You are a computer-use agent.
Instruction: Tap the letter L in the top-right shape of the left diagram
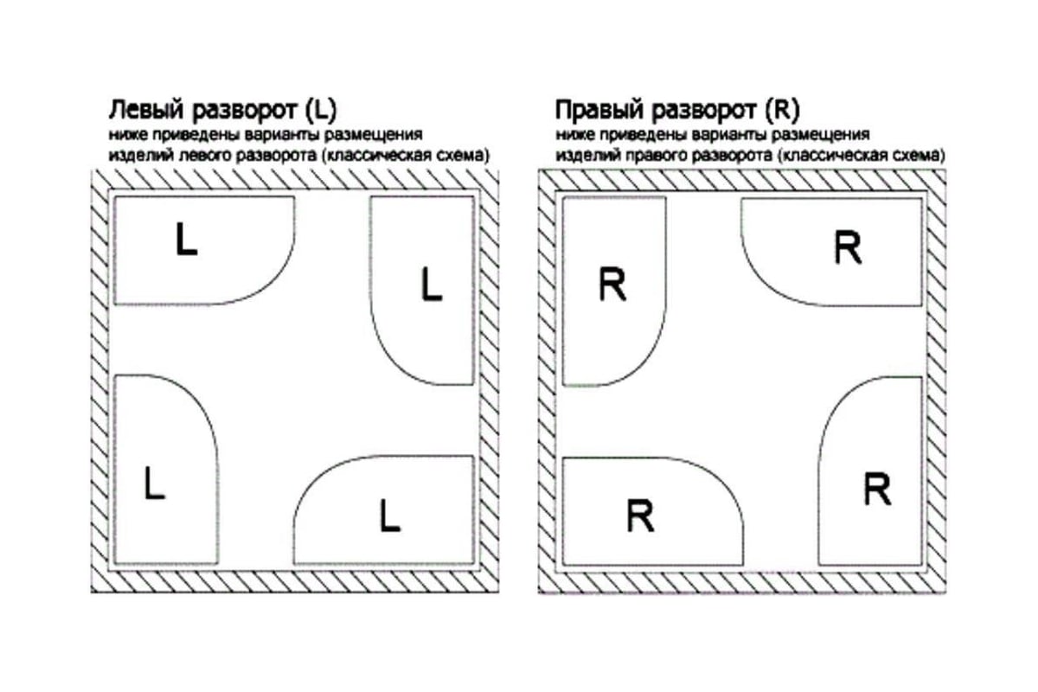[431, 285]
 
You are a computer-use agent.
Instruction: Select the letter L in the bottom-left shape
[154, 484]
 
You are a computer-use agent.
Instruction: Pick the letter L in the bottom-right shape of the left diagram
[390, 516]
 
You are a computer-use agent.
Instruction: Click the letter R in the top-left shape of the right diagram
[612, 285]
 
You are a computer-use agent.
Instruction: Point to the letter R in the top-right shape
[848, 249]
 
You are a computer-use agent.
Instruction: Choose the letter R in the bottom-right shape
[877, 490]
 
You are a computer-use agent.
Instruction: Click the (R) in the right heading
[783, 112]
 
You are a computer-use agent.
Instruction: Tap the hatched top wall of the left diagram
[294, 179]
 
